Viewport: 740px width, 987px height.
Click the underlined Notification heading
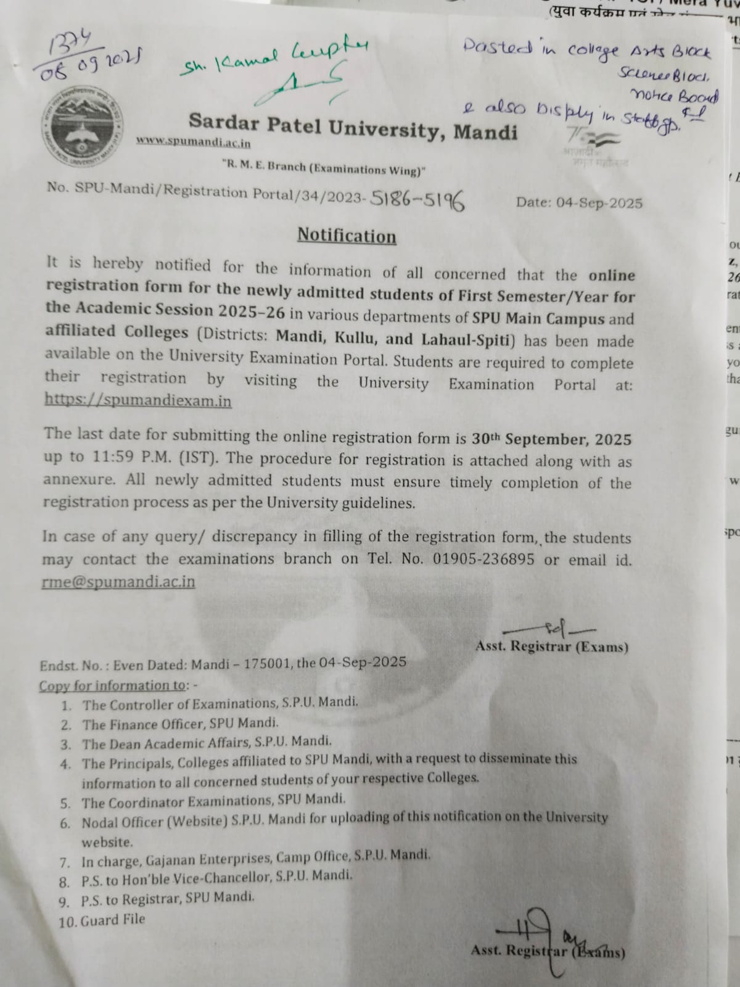pos(347,236)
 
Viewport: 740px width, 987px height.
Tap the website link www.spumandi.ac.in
pos(194,142)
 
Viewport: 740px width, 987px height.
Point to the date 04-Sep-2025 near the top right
pos(579,202)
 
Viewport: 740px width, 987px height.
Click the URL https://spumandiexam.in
pos(138,400)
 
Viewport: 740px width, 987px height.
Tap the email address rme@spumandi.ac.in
pos(118,582)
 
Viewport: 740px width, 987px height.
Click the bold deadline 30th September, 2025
pos(551,439)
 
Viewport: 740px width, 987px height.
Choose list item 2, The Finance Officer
pos(180,723)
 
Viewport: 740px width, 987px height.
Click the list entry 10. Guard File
pos(102,920)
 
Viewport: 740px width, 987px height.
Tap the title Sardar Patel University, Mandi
pos(353,126)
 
